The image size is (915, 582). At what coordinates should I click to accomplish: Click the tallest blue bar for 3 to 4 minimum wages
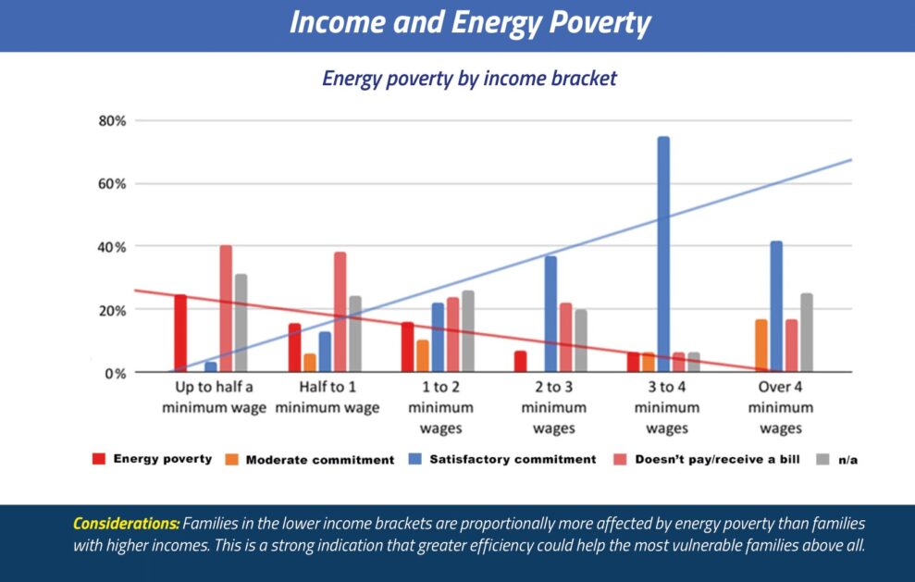coord(663,254)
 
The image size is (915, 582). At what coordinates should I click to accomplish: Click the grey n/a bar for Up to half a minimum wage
coord(241,323)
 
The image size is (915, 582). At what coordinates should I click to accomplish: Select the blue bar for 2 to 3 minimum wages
coord(550,314)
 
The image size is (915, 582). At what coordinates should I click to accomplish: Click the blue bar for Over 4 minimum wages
coord(776,306)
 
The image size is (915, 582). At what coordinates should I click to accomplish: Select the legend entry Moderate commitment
coord(320,460)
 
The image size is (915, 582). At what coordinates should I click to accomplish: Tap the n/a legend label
coord(847,460)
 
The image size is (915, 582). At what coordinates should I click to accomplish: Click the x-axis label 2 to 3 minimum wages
coord(552,407)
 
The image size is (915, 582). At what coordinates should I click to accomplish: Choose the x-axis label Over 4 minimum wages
coord(780,407)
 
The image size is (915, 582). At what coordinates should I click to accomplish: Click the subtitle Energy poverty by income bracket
coord(469,79)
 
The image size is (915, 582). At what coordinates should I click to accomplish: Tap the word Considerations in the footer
coord(125,524)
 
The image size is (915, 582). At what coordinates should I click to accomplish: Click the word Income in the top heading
coord(328,22)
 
